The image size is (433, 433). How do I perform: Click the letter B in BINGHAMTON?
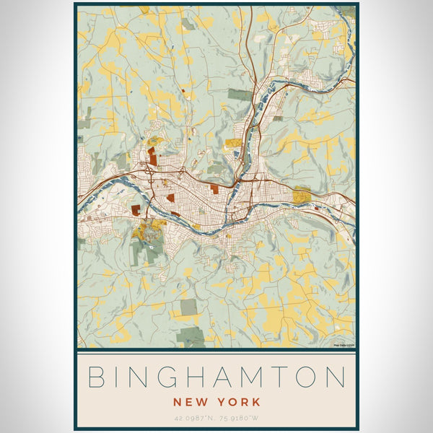click(98, 377)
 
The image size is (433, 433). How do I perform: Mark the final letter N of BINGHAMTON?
click(338, 377)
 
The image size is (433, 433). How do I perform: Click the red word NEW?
click(189, 401)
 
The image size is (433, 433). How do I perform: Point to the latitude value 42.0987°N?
click(193, 418)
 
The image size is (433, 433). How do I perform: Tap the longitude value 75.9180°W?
click(240, 418)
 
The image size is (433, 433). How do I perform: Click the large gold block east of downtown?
click(302, 195)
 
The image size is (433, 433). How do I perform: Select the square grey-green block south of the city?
click(188, 307)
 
